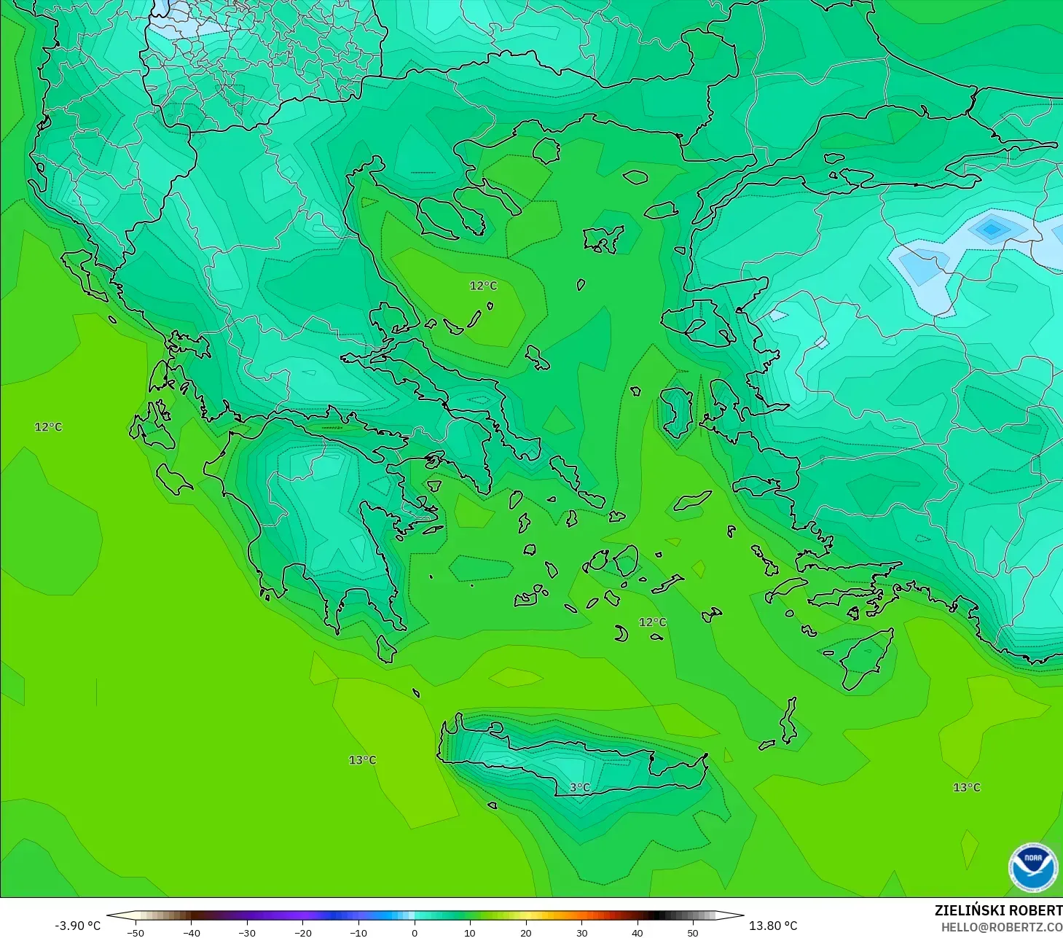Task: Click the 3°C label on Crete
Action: click(x=580, y=787)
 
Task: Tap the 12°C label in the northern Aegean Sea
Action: click(x=483, y=286)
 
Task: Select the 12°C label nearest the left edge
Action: click(x=49, y=426)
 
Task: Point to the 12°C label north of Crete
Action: click(x=652, y=622)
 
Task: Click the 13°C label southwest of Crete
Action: click(x=362, y=759)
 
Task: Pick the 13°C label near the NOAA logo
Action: click(x=967, y=787)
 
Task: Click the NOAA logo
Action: click(x=1032, y=867)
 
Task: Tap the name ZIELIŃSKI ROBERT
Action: click(x=998, y=910)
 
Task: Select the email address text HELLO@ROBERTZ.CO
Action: click(x=1001, y=927)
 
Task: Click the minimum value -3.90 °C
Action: click(x=78, y=926)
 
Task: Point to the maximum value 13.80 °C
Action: click(x=773, y=926)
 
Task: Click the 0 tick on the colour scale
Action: click(x=415, y=932)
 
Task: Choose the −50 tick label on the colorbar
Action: click(x=136, y=932)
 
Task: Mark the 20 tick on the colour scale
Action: click(x=526, y=932)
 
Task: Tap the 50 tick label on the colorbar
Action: click(x=693, y=932)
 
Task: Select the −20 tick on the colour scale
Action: click(x=303, y=932)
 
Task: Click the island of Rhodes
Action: click(x=867, y=660)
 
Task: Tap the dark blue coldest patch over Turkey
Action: click(x=991, y=230)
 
